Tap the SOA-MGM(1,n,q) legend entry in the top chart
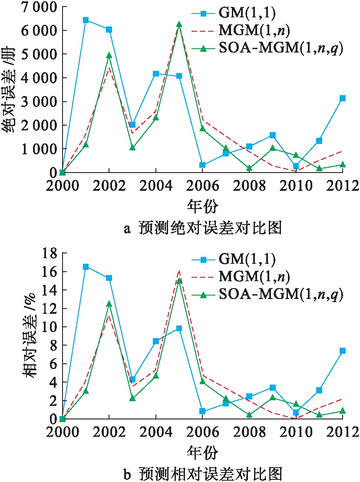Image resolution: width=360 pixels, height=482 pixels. [280, 49]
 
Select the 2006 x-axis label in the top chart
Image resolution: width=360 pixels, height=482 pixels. [202, 186]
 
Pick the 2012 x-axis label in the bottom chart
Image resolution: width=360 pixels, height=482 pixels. [342, 433]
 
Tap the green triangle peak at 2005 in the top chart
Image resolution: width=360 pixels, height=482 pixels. [179, 24]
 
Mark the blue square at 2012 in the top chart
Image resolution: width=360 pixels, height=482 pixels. [343, 98]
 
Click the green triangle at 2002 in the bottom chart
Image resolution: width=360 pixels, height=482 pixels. [109, 304]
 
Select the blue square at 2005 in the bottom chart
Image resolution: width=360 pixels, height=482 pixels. [179, 329]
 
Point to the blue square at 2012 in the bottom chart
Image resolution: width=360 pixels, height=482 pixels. [343, 351]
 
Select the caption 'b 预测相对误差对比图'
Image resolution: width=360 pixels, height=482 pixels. [202, 473]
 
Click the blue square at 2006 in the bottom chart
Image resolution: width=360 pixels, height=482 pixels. [202, 411]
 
